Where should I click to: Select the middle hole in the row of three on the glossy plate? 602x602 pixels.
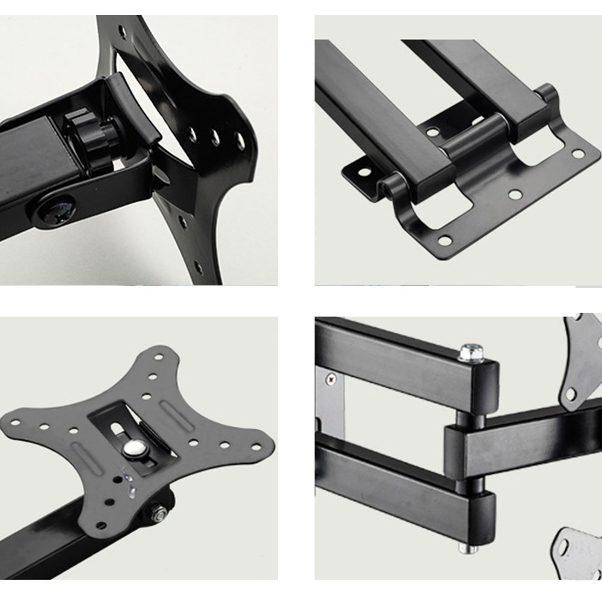coord(215,138)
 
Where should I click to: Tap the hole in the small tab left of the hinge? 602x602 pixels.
coord(363,173)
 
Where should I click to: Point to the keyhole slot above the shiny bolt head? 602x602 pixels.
coord(118,428)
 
